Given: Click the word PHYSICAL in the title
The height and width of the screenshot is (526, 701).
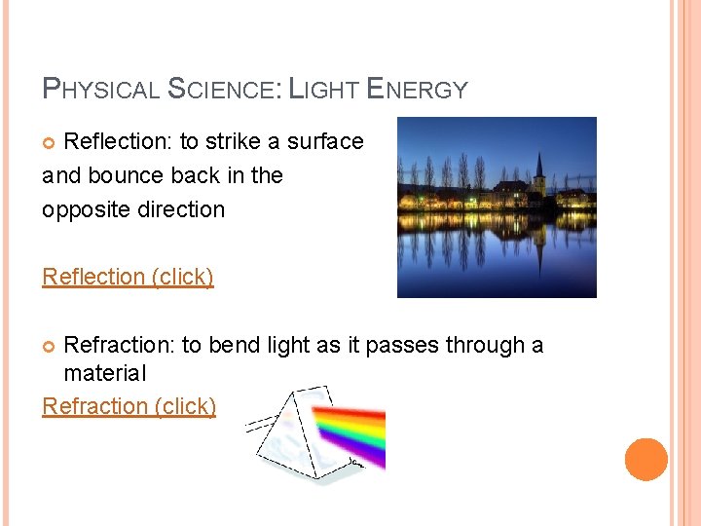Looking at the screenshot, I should click(x=102, y=91).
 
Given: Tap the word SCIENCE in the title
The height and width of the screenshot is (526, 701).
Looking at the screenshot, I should click(x=224, y=91).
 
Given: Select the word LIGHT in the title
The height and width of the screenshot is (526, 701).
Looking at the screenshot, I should click(x=324, y=91).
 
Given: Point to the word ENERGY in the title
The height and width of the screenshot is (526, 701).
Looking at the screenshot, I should click(x=418, y=91).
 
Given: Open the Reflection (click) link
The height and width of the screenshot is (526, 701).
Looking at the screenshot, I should click(x=128, y=277).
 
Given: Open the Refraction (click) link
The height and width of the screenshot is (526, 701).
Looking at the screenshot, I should click(x=129, y=406).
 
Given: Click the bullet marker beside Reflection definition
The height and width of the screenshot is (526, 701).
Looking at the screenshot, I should click(x=52, y=143).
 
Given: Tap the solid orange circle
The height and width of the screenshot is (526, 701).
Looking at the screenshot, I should click(x=646, y=460).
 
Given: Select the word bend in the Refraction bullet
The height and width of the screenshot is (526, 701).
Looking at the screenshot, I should click(x=232, y=346).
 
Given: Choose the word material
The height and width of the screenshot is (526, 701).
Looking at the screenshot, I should click(x=104, y=373).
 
